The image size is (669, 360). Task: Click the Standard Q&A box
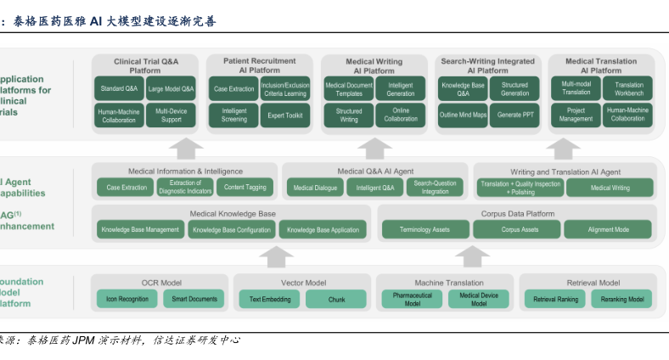(x=120, y=88)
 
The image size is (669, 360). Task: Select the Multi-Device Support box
(x=171, y=115)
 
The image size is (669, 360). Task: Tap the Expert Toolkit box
(x=284, y=115)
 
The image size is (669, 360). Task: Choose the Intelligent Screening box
(x=234, y=115)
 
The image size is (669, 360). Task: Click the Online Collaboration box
(x=401, y=115)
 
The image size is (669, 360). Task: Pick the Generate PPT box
(x=514, y=115)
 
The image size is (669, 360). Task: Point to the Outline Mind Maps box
(x=463, y=115)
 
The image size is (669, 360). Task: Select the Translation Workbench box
(x=628, y=88)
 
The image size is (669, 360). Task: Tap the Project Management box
(x=576, y=115)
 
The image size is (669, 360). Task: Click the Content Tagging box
(x=245, y=188)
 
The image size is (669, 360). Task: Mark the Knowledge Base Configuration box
(x=231, y=229)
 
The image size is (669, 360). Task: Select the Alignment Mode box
(x=609, y=229)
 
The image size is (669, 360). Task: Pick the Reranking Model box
(x=622, y=299)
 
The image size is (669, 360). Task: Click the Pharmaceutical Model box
(x=413, y=299)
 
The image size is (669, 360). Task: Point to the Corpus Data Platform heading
(x=517, y=214)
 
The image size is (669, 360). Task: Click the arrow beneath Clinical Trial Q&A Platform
(x=187, y=148)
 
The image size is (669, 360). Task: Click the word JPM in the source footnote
(x=83, y=340)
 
